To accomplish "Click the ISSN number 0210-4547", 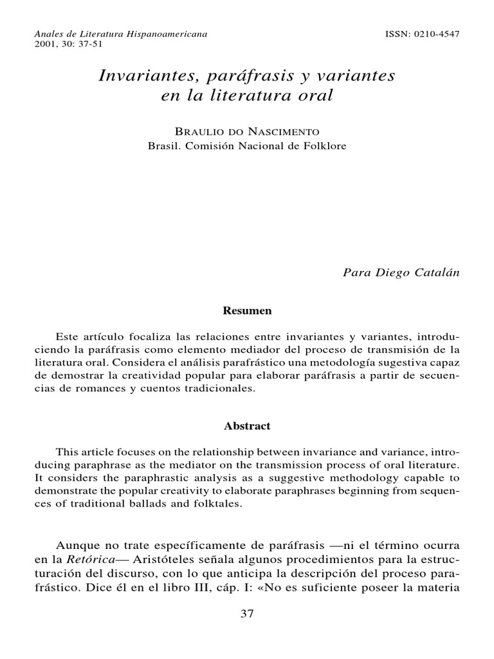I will point(437,33).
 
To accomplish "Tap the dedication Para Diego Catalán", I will point(402,272).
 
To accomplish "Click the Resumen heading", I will point(247,310).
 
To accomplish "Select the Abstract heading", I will point(247,425).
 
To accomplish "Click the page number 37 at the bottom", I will point(247,613).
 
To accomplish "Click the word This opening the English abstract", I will point(67,451).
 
